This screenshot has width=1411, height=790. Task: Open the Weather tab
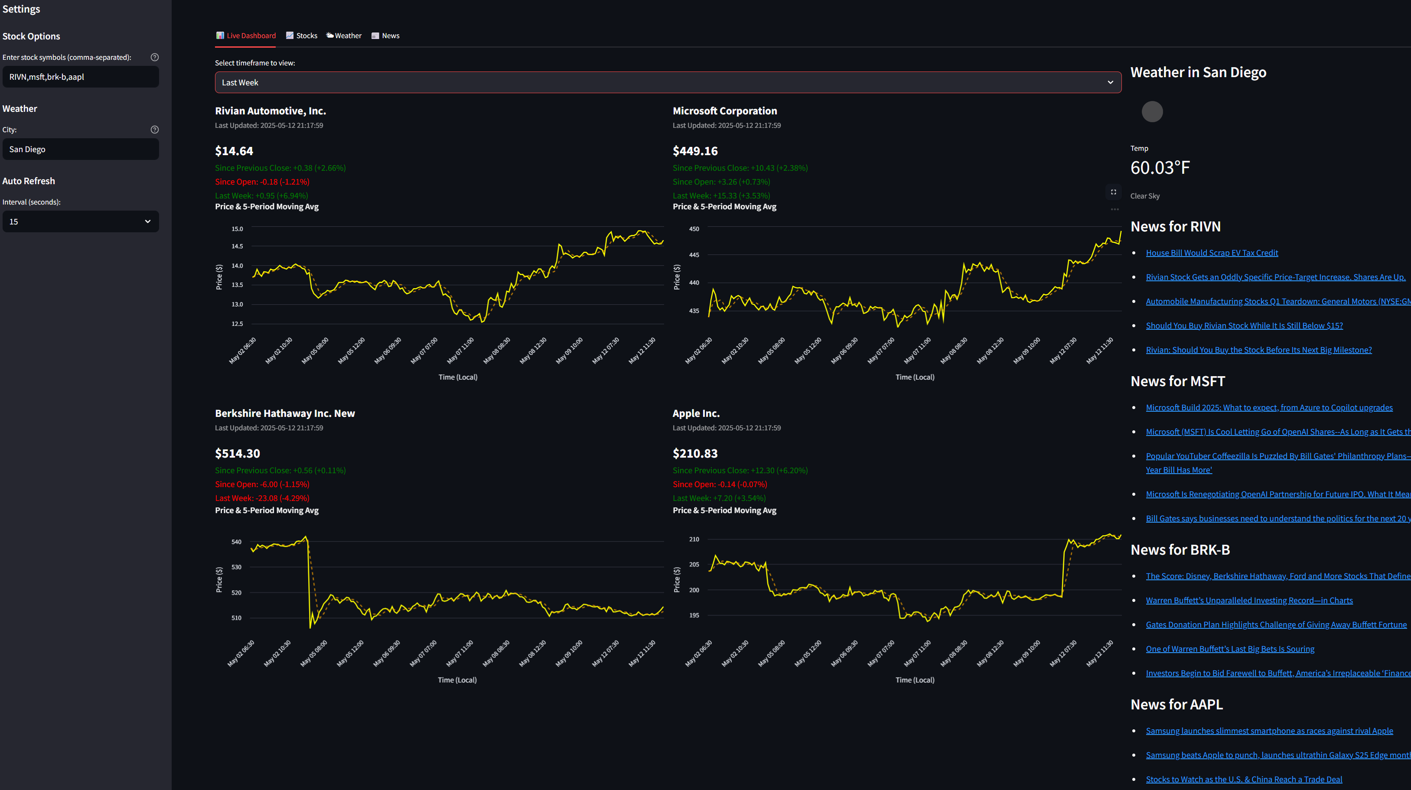coord(344,36)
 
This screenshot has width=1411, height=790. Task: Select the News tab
coord(386,36)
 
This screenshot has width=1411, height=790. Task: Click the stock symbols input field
coord(81,77)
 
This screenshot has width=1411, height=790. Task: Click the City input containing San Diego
coord(81,150)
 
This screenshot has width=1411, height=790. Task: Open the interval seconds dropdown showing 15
coord(81,222)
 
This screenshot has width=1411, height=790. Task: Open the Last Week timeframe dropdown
coord(668,83)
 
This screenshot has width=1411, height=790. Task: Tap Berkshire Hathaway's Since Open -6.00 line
coord(262,484)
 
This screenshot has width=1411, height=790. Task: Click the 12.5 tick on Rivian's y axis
coord(237,324)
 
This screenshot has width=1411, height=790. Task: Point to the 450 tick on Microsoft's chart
coord(694,229)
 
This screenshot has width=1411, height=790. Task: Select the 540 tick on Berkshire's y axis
coord(236,542)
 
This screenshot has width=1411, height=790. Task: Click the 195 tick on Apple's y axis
coord(694,615)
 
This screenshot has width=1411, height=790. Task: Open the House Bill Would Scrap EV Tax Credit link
coord(1212,253)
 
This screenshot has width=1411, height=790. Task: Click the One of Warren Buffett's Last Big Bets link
coord(1230,649)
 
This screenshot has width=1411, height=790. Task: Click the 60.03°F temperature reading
coord(1160,168)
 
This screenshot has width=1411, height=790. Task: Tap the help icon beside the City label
coord(154,130)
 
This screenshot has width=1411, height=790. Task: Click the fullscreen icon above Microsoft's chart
coord(1114,192)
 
